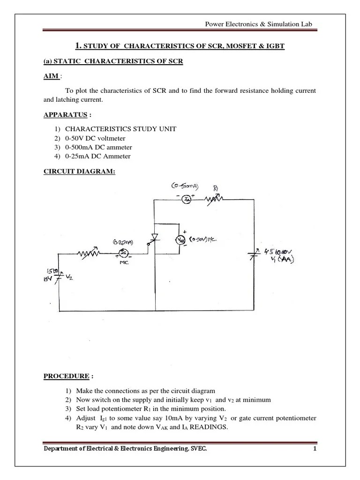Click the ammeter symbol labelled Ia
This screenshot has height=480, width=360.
pyautogui.click(x=186, y=200)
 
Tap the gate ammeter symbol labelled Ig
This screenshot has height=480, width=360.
pyautogui.click(x=123, y=253)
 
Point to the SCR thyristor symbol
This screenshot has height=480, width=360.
pyautogui.click(x=154, y=237)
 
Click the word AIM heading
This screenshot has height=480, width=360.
pyautogui.click(x=51, y=76)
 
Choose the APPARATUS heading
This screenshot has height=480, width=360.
pyautogui.click(x=60, y=114)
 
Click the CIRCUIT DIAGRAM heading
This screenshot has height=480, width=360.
pyautogui.click(x=79, y=172)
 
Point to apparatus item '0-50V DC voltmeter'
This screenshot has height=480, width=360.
pyautogui.click(x=95, y=138)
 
